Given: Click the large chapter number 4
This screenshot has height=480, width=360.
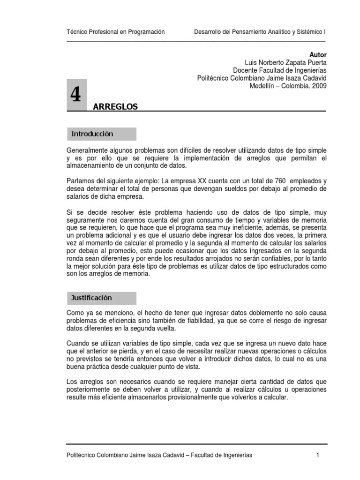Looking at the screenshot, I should [75, 95].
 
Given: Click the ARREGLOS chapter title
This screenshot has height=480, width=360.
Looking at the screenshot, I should [115, 107].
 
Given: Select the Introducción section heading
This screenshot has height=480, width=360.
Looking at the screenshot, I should [92, 134].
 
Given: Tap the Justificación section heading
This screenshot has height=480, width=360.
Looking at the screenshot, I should [91, 298].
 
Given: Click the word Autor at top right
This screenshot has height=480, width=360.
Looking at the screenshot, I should [318, 55].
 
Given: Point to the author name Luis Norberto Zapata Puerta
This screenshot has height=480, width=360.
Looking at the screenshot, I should [285, 63].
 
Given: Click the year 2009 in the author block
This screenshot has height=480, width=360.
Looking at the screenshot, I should [319, 86].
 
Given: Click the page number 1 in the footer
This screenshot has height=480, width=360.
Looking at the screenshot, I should [317, 455].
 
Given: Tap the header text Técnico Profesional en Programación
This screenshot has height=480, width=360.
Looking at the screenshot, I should [116, 32].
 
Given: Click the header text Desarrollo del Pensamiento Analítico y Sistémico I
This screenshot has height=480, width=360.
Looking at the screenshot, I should [260, 32].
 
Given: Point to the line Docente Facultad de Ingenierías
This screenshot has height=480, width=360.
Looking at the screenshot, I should [280, 70].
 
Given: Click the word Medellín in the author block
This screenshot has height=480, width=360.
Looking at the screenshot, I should [262, 86].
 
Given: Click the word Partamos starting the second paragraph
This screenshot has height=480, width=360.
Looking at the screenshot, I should [81, 181].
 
